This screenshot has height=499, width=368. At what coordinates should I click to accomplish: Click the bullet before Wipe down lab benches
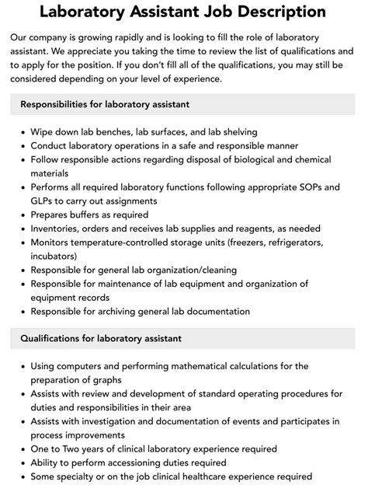[21, 131]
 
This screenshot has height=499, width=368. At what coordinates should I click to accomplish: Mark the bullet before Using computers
[21, 366]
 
